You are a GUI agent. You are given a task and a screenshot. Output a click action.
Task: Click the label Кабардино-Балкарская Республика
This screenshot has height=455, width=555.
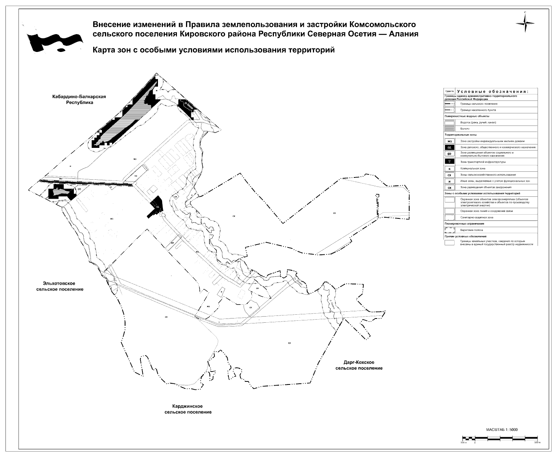[79, 99]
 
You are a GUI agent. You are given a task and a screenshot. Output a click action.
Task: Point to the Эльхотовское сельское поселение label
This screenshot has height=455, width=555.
[60, 286]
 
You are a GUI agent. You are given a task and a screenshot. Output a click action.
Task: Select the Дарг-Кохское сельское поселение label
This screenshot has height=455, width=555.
[359, 365]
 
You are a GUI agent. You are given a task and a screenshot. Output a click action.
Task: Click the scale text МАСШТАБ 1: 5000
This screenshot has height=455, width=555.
[501, 430]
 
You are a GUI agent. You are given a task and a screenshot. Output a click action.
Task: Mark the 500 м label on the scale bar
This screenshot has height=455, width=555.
[536, 442]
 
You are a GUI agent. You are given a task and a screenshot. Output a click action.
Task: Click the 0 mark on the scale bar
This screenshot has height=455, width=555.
[475, 442]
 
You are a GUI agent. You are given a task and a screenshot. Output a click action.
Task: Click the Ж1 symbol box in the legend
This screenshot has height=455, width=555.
[449, 141]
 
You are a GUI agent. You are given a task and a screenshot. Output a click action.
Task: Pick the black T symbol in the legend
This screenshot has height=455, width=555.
[449, 162]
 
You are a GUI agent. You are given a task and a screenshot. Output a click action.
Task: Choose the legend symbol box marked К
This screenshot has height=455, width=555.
[449, 169]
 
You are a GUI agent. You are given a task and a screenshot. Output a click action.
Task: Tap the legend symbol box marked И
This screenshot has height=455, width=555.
[449, 181]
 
